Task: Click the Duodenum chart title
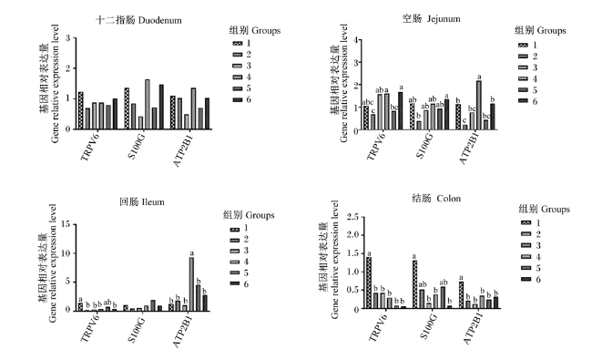click(x=138, y=20)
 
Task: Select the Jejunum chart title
click(x=431, y=18)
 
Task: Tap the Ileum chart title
click(x=142, y=201)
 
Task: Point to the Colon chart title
click(x=436, y=199)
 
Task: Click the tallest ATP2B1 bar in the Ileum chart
click(x=191, y=284)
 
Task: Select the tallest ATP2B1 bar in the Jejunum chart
click(x=479, y=105)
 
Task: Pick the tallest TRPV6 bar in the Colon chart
click(x=369, y=283)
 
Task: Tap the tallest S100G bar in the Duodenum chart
click(x=148, y=104)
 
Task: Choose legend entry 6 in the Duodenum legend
click(x=242, y=99)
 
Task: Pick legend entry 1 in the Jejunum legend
click(x=528, y=45)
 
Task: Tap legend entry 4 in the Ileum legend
click(x=239, y=262)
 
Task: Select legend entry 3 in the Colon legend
click(x=531, y=245)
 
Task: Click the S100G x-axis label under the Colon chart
click(x=428, y=326)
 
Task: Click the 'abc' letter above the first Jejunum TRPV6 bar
click(x=368, y=102)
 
